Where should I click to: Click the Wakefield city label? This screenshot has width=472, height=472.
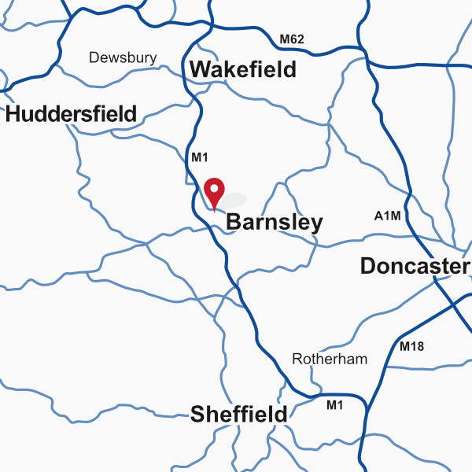point(243,70)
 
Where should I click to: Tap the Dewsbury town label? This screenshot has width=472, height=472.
point(123,57)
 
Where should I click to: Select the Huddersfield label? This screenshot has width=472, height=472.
point(71,114)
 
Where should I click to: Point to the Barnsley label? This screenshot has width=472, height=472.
point(275,223)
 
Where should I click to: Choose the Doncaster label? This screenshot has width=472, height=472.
point(415,267)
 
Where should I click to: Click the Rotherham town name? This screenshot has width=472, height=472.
point(330,359)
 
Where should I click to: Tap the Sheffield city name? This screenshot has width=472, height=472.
point(238,414)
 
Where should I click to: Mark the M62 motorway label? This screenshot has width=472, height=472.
point(291,39)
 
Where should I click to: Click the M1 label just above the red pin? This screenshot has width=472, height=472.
point(199,158)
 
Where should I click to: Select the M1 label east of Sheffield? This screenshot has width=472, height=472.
point(335,405)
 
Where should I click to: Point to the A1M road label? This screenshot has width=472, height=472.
point(387,216)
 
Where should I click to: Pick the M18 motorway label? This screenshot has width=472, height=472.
point(411,346)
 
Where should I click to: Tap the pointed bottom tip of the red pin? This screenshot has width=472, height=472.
point(214,210)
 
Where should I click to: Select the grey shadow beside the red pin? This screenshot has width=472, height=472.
point(233,201)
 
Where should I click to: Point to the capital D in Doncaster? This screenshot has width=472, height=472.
point(368,267)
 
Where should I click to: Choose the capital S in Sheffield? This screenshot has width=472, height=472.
point(198,414)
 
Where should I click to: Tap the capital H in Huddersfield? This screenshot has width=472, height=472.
point(13,114)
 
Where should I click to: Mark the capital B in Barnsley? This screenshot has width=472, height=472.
point(234,223)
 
